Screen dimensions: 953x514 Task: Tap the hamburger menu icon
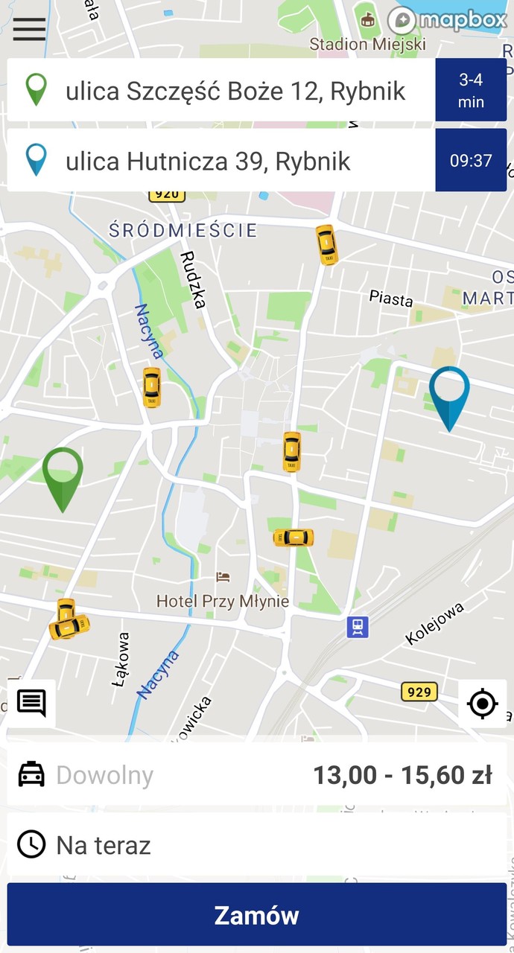click(29, 29)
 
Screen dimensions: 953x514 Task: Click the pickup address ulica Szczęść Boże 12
click(235, 91)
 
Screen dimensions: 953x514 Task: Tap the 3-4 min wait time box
click(471, 90)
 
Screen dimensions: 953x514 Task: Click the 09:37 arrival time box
click(471, 160)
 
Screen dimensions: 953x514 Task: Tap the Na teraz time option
click(104, 845)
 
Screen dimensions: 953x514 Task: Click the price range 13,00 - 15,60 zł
click(402, 775)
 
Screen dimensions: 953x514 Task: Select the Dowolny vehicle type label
click(104, 775)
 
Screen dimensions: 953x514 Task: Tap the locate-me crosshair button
click(482, 703)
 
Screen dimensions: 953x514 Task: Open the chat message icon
click(31, 702)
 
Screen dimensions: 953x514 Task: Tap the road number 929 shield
click(419, 692)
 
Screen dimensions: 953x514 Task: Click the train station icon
click(358, 627)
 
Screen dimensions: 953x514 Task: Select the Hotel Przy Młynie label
click(223, 600)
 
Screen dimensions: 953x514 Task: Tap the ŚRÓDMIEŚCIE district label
click(183, 231)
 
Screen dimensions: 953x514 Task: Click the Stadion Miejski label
click(367, 44)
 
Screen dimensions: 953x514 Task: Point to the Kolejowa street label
click(435, 622)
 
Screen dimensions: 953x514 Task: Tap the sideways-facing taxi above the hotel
click(294, 538)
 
